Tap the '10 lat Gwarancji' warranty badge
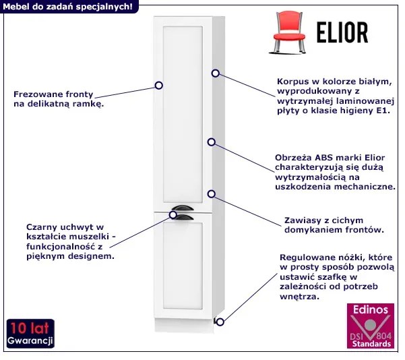point(30,334)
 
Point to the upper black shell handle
point(182,208)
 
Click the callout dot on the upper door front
point(159,86)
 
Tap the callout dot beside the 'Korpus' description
point(216,73)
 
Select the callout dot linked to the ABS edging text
point(212,142)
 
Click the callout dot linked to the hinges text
point(212,193)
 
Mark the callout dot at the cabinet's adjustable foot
point(220,322)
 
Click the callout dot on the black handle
point(173,215)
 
